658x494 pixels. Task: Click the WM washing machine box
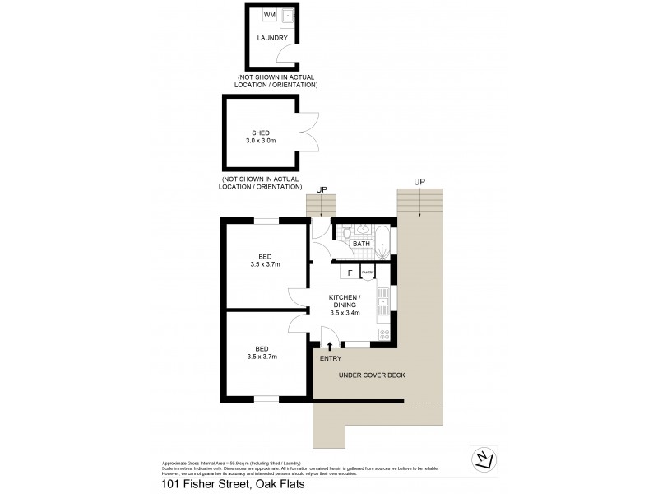268,15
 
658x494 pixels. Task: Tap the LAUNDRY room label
271,38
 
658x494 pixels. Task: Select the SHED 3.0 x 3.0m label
261,137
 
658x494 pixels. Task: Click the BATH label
362,244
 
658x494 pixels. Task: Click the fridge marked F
349,273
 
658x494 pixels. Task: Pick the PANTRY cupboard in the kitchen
368,273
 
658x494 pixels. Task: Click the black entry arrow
331,347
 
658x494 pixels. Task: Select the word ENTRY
330,358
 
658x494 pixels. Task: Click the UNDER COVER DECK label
372,375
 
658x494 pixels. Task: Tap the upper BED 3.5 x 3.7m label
265,260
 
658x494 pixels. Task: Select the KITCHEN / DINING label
345,305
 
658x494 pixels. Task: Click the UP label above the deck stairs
419,181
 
